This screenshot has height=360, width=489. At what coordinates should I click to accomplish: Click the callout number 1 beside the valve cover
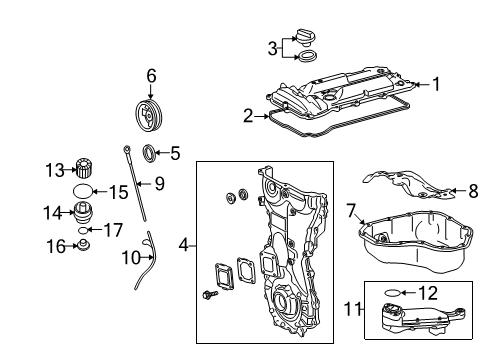436,84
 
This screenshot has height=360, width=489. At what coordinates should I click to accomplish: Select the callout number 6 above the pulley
151,76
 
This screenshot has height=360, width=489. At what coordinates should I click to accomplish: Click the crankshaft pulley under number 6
149,116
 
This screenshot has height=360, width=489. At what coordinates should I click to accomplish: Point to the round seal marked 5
149,154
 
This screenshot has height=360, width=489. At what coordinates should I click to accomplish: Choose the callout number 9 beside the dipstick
160,183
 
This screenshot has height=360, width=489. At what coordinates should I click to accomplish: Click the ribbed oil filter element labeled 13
84,169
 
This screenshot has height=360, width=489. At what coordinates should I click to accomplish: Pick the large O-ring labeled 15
82,191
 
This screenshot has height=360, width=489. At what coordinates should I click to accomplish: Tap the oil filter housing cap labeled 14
83,213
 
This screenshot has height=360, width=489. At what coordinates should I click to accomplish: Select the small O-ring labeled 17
83,230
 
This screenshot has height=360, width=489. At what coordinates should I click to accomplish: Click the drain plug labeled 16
83,245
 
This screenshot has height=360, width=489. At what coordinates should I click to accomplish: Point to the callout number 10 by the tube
131,258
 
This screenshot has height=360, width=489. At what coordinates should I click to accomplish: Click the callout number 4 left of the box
184,246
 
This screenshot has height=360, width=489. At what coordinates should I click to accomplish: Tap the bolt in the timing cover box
210,294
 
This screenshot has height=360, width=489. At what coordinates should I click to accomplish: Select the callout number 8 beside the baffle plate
473,191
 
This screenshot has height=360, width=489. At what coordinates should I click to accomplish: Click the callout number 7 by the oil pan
351,211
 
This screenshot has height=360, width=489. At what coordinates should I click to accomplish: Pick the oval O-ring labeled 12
392,293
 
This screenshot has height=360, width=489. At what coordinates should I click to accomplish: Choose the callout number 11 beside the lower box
353,309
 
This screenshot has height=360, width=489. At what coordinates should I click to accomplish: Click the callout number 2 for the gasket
248,116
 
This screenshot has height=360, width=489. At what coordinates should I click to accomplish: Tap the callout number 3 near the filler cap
273,49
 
